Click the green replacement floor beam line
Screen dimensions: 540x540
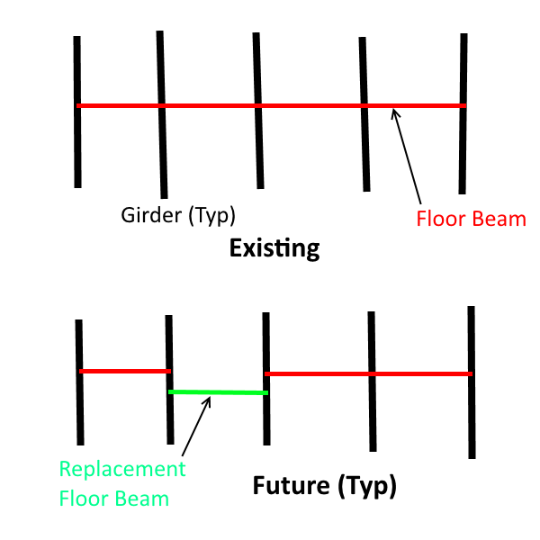tap(219, 392)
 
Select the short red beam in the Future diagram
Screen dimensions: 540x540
tap(125, 371)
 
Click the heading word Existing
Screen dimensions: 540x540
tap(274, 247)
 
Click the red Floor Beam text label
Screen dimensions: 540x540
tap(470, 219)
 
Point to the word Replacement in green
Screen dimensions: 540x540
tap(122, 469)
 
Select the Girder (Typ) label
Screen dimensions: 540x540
tap(178, 216)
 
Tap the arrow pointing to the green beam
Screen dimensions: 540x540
tap(195, 427)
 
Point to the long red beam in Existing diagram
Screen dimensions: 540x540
tap(270, 106)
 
